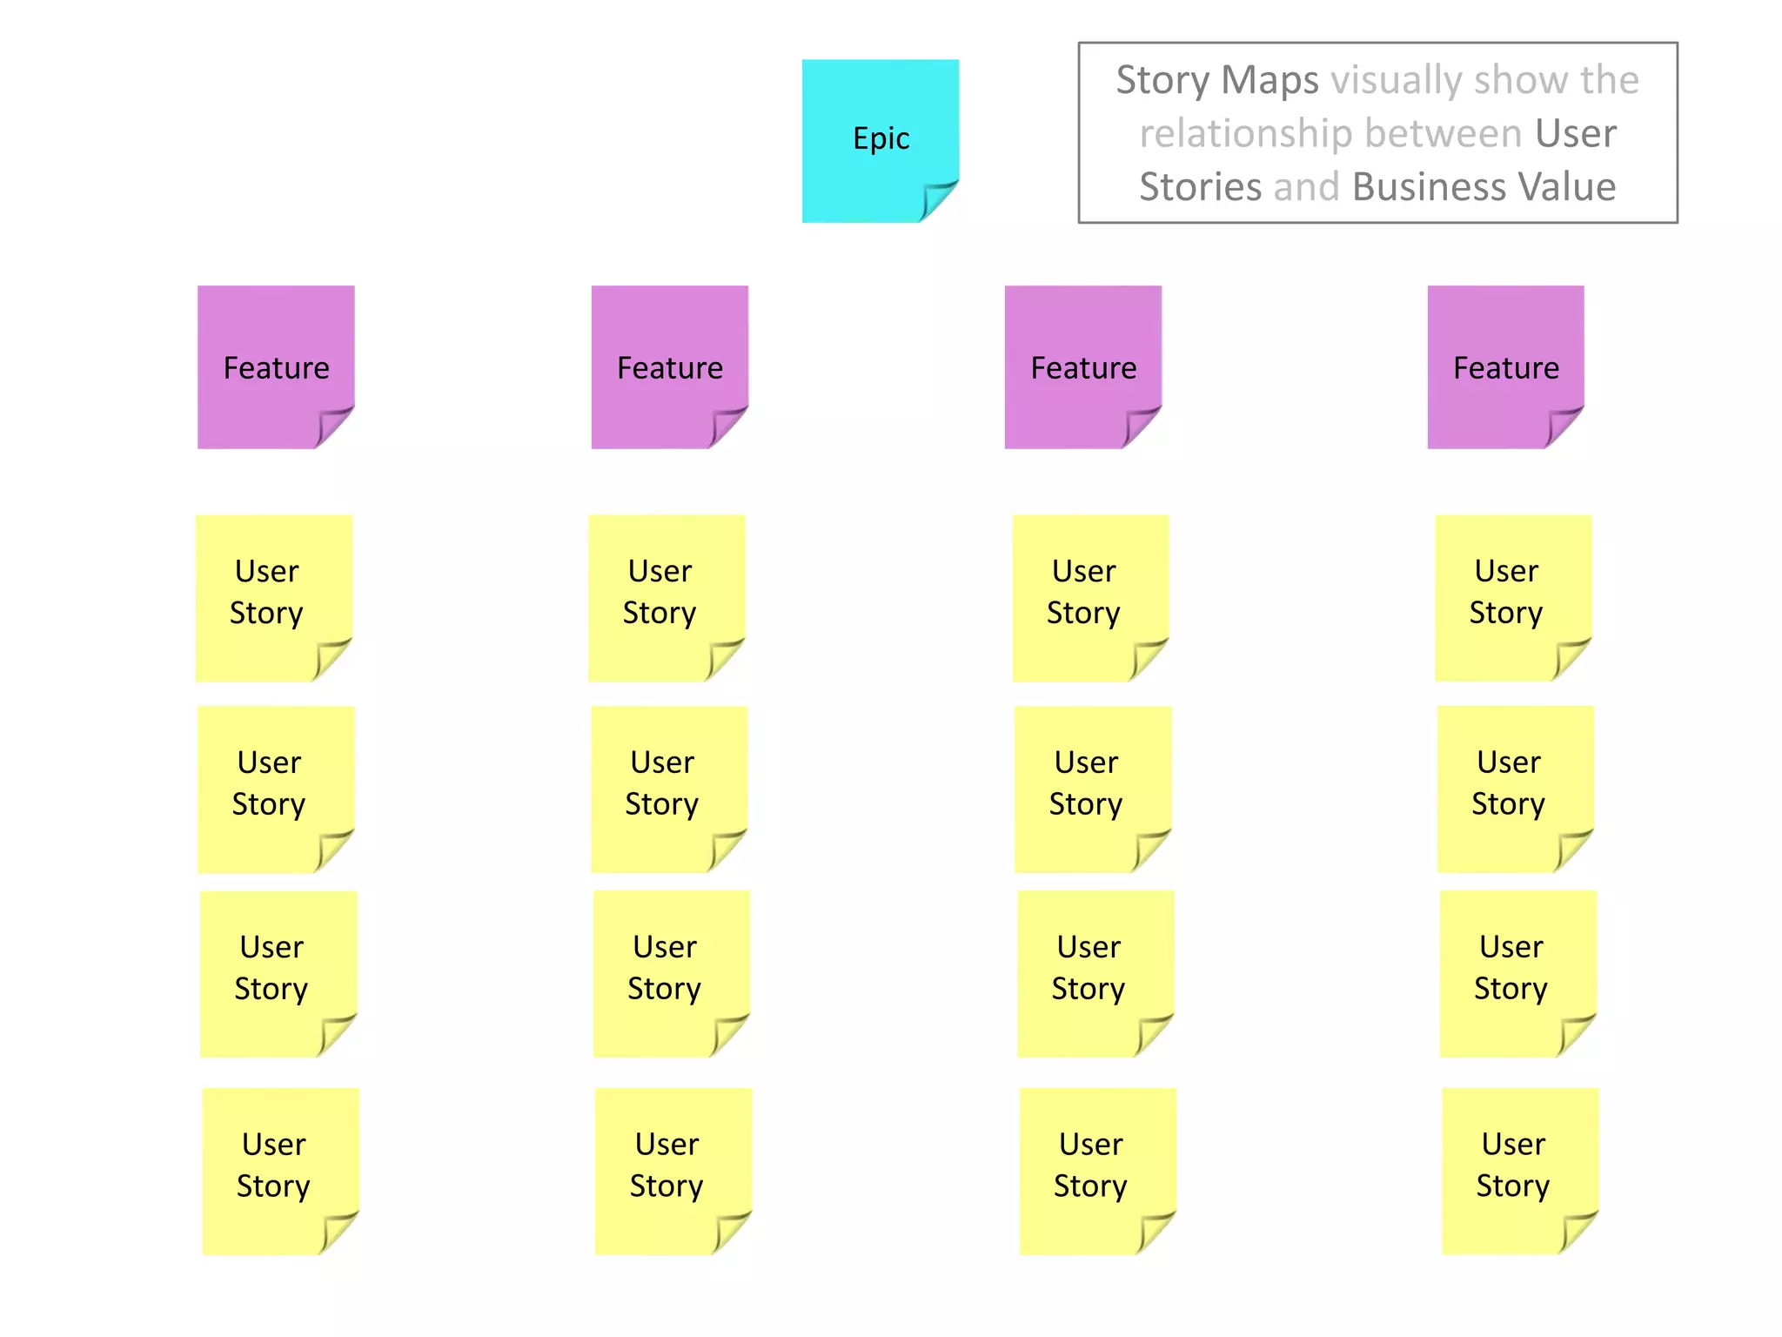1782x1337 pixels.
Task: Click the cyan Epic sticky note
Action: click(x=880, y=139)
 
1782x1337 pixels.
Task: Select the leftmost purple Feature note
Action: click(x=276, y=366)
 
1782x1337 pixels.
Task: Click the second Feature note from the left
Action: click(x=669, y=366)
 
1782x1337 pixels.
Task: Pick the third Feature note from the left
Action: click(x=1082, y=366)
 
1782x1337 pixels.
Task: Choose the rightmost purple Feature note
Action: click(x=1505, y=366)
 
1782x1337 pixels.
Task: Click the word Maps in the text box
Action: click(x=1270, y=80)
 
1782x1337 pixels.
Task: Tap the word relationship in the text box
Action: click(x=1245, y=133)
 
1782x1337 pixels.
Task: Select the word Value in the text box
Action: click(x=1565, y=187)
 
